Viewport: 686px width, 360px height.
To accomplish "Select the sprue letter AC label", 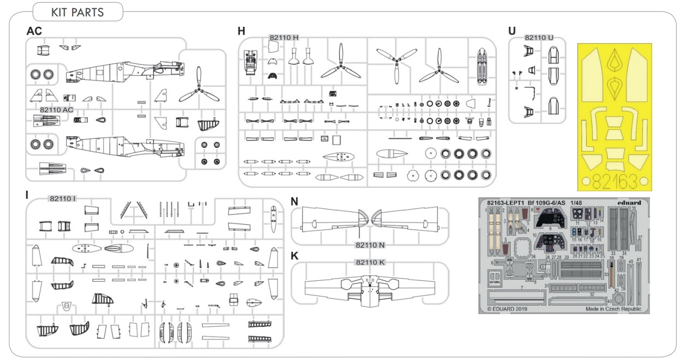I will (x=34, y=31).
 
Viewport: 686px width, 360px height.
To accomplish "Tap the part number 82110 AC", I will (x=57, y=109).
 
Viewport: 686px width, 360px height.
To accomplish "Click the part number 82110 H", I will (x=284, y=37).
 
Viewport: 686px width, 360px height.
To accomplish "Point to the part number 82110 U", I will (x=539, y=38).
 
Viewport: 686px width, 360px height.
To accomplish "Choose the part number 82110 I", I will (x=62, y=198).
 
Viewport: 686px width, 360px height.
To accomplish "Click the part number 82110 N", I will (x=370, y=245).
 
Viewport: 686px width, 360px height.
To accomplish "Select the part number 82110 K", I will (x=370, y=263).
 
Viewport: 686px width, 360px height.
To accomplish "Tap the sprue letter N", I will (x=294, y=201).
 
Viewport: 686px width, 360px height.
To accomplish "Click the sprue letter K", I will (x=294, y=256).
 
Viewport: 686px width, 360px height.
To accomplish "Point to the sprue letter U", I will (x=512, y=31).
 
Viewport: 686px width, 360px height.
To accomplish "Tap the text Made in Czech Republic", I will (x=613, y=309).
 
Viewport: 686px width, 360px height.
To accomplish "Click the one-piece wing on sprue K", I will (x=370, y=287).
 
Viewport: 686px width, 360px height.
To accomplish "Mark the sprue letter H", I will (x=241, y=31).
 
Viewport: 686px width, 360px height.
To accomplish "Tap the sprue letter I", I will (x=27, y=195).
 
